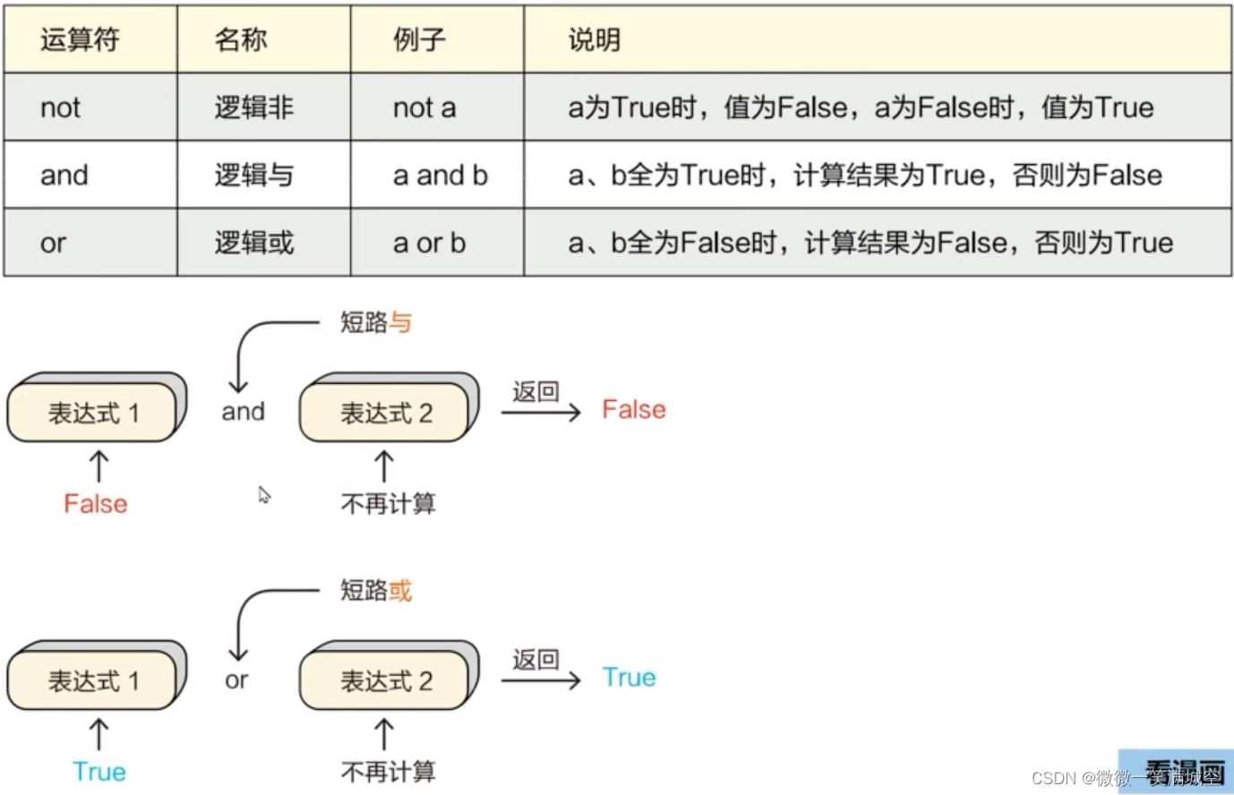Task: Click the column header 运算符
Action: [x=80, y=39]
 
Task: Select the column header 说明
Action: [x=594, y=39]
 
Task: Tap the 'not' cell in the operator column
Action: [x=60, y=107]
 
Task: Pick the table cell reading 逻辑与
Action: [x=253, y=175]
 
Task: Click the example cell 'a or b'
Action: [x=429, y=243]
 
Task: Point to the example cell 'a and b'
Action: [x=440, y=175]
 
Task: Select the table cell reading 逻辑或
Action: [x=253, y=243]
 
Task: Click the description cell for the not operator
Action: [x=860, y=107]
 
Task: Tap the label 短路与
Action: [x=375, y=322]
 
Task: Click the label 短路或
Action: [x=375, y=591]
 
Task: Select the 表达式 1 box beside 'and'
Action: [x=94, y=413]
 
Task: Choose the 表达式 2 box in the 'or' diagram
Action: [x=386, y=681]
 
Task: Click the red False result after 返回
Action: [x=633, y=410]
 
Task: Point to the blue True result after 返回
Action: [x=629, y=678]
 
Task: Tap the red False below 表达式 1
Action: [x=95, y=504]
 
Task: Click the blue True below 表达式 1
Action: [x=99, y=772]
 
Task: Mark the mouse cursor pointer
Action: [x=263, y=494]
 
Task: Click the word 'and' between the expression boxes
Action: [x=243, y=412]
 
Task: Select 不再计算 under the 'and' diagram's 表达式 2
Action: [x=388, y=504]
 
